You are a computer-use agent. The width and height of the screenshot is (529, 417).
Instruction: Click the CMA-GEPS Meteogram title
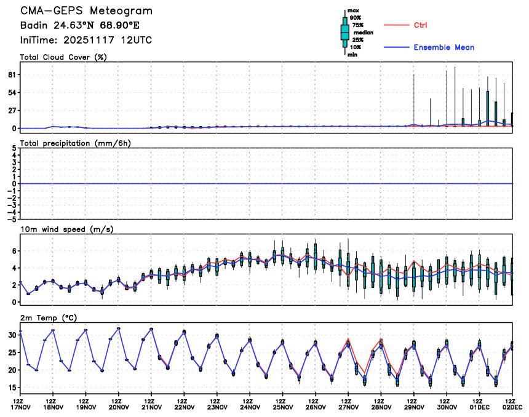(86, 11)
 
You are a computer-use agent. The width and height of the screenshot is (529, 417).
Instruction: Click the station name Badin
(33, 26)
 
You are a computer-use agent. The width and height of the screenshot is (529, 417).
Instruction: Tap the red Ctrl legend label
(420, 25)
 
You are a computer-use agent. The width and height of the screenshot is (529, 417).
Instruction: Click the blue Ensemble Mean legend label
(443, 47)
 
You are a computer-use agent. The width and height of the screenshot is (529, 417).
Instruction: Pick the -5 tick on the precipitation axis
(12, 218)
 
